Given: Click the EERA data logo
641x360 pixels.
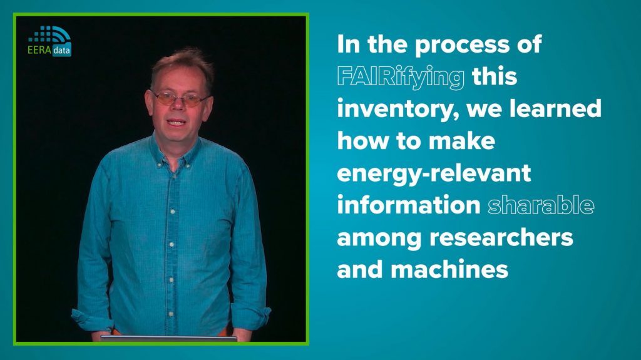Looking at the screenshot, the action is click(50, 41).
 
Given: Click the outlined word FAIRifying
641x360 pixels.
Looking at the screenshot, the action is click(401, 77).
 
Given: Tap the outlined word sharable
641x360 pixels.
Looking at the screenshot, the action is click(541, 205).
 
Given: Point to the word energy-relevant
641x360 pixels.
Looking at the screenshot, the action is click(434, 173).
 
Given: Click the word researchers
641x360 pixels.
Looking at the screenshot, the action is click(501, 237).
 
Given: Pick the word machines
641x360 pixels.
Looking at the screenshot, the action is click(449, 269).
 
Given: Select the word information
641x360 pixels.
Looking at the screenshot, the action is click(409, 205).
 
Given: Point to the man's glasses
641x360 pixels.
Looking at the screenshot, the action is click(180, 98).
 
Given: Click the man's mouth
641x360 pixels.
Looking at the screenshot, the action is click(177, 122).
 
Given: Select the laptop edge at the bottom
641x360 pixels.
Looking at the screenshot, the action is click(169, 338).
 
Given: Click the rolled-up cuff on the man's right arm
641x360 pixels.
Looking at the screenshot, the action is click(92, 320).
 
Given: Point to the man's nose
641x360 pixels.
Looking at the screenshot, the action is click(177, 106).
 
